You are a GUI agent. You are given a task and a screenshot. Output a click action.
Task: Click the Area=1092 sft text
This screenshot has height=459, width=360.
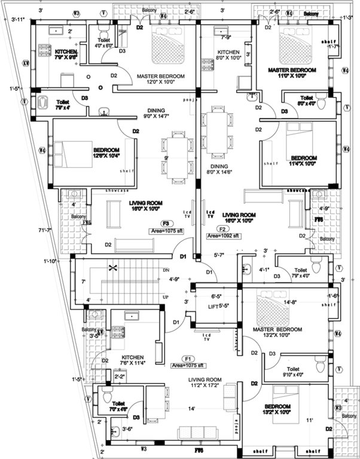223,236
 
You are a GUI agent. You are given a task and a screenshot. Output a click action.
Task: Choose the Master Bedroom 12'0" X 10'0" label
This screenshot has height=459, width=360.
160,80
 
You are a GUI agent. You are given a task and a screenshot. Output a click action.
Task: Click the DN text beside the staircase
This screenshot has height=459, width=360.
166,270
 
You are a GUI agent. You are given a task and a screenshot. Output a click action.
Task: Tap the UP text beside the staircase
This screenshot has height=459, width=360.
166,296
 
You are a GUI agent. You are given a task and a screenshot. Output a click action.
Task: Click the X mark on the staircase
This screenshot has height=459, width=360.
111,269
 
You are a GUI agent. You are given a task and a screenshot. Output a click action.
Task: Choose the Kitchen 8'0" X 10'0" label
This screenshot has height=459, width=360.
228,55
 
